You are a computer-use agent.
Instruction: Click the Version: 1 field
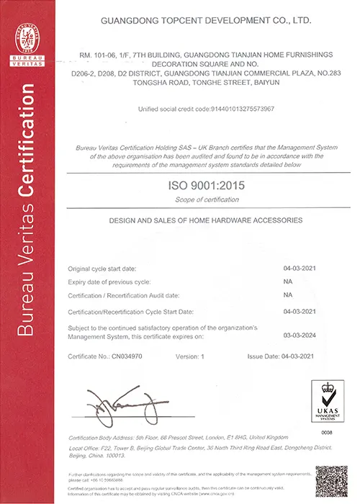[x=190, y=356]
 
